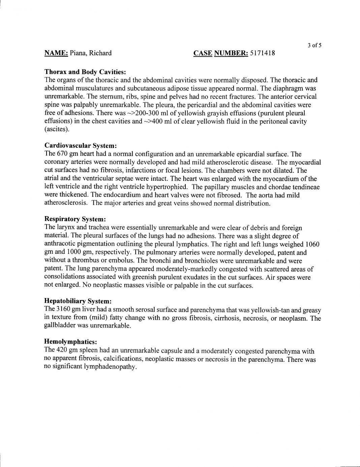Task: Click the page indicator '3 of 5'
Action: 314,46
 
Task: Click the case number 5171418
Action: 262,53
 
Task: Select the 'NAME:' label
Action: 56,53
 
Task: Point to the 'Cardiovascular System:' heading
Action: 81,146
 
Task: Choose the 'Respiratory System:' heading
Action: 75,220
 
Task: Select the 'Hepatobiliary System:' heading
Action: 78,301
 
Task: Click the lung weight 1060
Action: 312,244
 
